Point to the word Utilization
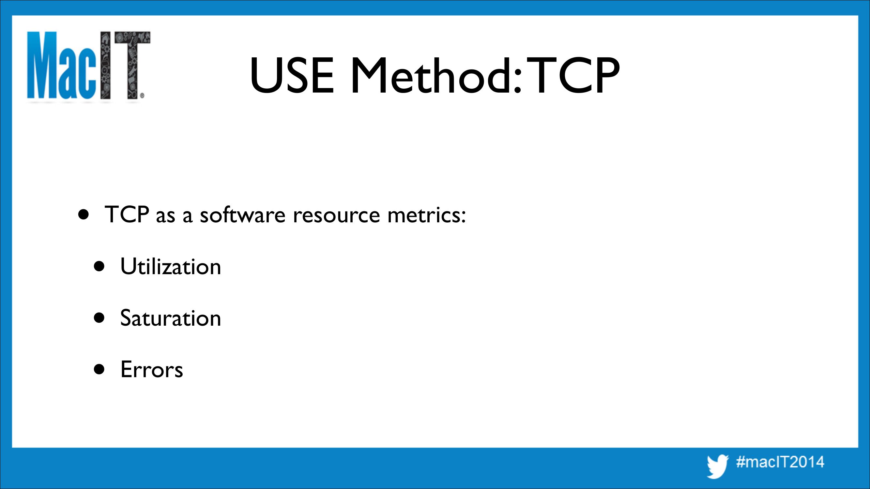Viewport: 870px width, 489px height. pyautogui.click(x=171, y=267)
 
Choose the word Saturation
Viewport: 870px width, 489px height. pyautogui.click(x=171, y=318)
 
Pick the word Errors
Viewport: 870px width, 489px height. pyautogui.click(x=152, y=370)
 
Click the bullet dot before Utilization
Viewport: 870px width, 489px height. pyautogui.click(x=99, y=267)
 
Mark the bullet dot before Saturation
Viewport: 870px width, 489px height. pyautogui.click(x=99, y=318)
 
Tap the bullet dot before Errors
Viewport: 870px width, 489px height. pyautogui.click(x=99, y=369)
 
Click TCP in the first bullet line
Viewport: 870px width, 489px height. pyautogui.click(x=127, y=214)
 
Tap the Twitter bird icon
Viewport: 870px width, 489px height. pyautogui.click(x=718, y=466)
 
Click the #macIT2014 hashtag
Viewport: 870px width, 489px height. pyautogui.click(x=780, y=462)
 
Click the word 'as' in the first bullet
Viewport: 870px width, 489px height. pyautogui.click(x=165, y=216)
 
